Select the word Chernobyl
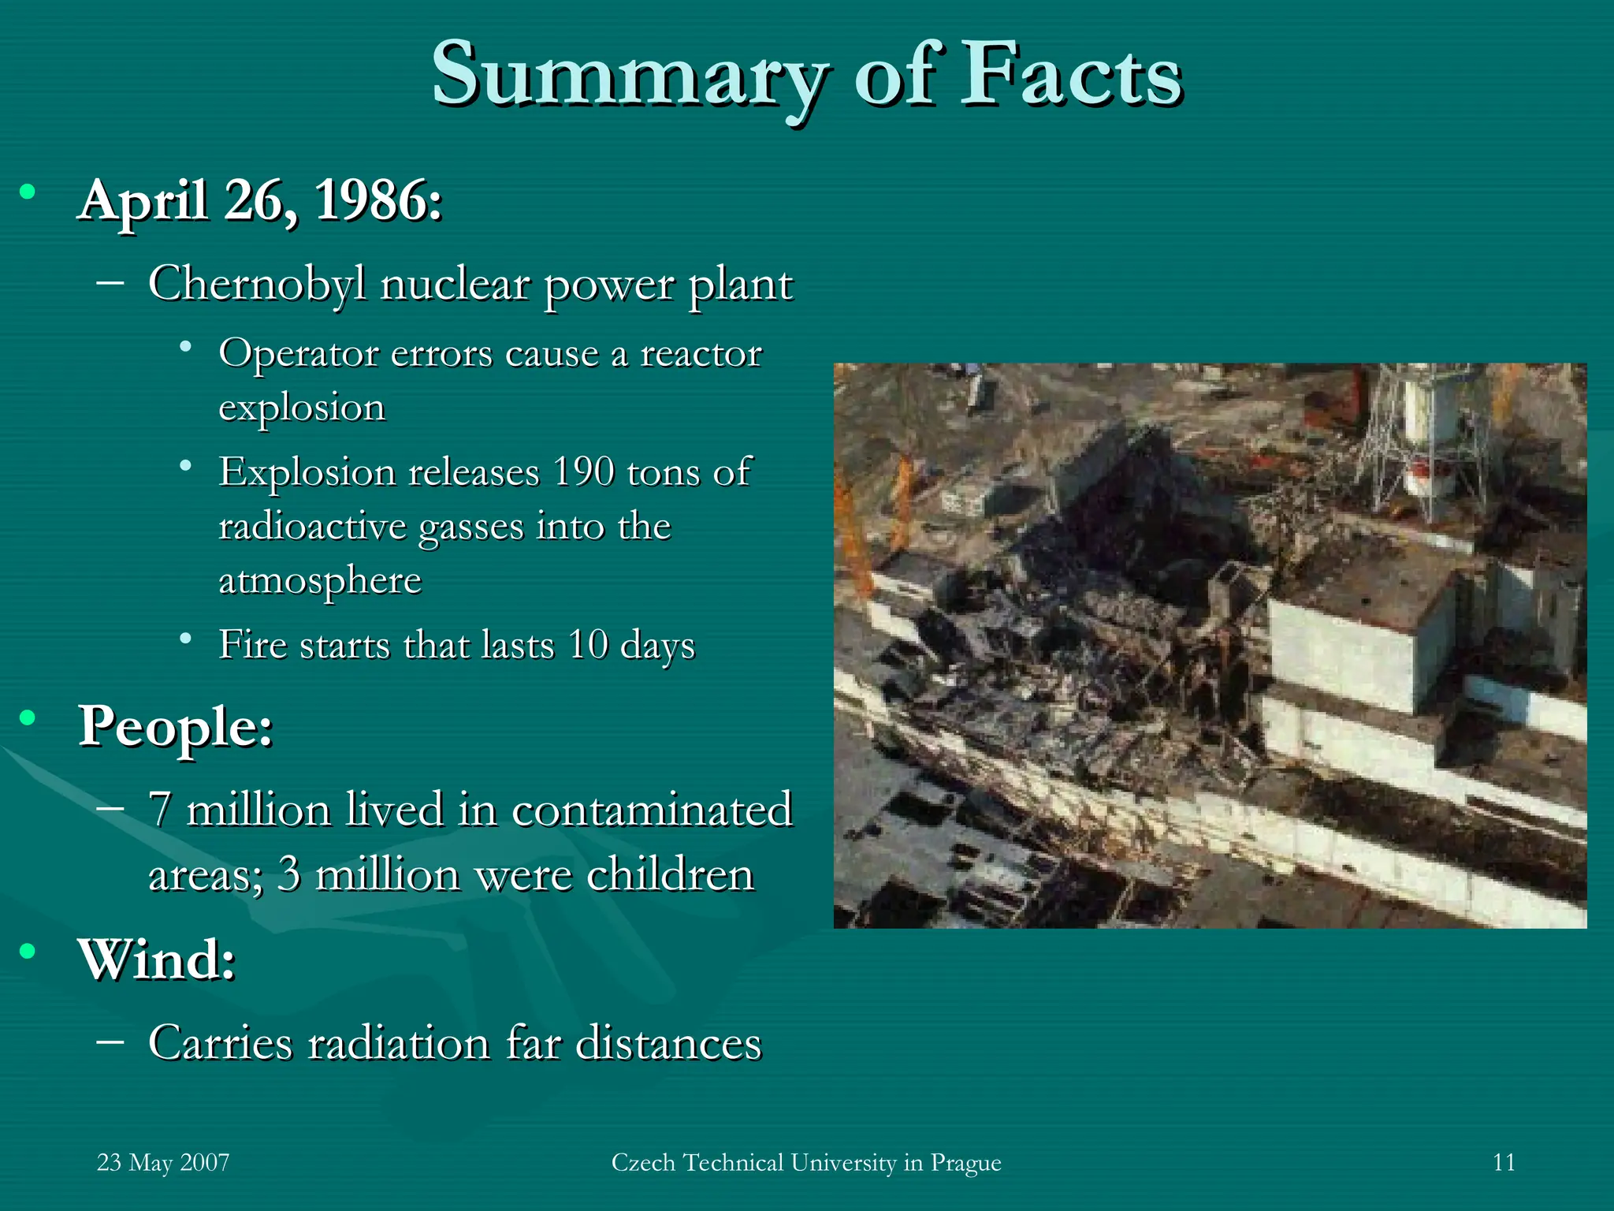pos(257,284)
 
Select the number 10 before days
pos(588,644)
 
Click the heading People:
pos(175,725)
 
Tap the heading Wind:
pos(156,959)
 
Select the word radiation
pos(399,1043)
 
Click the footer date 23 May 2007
pos(163,1163)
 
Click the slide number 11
pos(1504,1163)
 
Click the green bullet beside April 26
pos(28,192)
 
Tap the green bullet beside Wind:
pos(28,952)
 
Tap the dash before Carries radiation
pos(110,1041)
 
